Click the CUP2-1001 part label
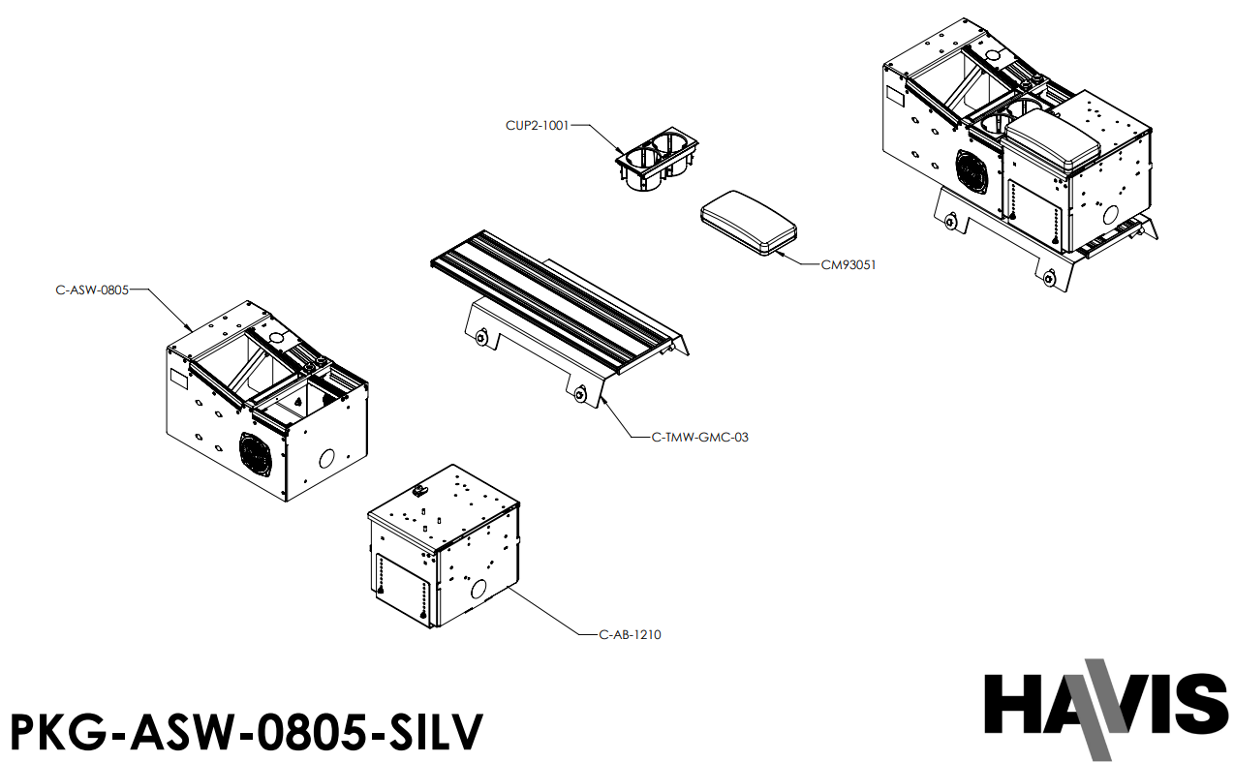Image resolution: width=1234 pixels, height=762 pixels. (x=537, y=125)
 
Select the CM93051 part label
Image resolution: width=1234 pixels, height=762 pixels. (x=848, y=264)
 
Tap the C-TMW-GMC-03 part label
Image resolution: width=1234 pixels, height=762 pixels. (x=699, y=437)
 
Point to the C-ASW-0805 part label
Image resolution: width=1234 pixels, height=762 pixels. (x=92, y=289)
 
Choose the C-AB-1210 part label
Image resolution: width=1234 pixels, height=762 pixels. (x=630, y=635)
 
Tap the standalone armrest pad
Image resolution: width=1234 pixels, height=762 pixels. (x=748, y=223)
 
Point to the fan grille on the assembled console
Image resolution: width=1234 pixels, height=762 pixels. (x=972, y=171)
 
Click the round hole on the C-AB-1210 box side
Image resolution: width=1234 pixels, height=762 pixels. (x=477, y=588)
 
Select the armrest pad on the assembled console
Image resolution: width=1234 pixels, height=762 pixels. (x=1054, y=140)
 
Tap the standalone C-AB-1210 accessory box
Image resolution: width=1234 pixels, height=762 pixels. (x=444, y=547)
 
